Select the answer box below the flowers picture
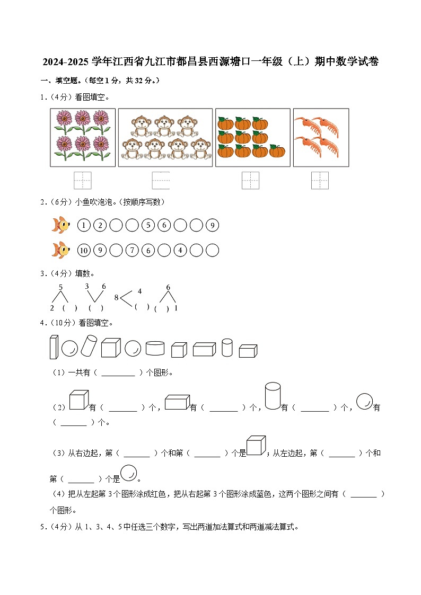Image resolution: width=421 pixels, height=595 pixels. coord(83,180)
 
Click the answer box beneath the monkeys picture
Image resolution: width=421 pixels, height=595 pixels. coord(161,180)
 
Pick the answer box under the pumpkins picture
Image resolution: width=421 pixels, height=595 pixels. coord(250,180)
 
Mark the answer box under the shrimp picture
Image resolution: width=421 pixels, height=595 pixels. coord(320,180)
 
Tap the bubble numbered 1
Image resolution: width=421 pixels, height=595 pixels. coord(84,226)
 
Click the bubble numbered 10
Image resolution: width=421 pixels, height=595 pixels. coord(84,250)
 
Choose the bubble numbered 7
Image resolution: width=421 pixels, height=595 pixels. coord(132,250)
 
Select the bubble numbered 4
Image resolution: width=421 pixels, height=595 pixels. coord(180,250)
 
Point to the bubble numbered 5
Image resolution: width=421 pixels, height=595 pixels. coord(148,226)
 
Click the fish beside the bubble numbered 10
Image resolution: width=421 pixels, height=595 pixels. coord(60,250)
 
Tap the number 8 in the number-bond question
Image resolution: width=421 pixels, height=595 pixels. coord(116,297)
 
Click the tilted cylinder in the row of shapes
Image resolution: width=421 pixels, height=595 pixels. coord(88,345)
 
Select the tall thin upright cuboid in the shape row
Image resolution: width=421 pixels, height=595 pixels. coord(54,348)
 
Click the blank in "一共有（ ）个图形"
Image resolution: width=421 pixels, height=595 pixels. coord(118,373)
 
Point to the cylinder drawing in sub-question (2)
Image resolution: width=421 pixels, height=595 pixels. coord(273,396)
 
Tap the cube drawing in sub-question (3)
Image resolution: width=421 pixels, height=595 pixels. coord(256,446)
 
